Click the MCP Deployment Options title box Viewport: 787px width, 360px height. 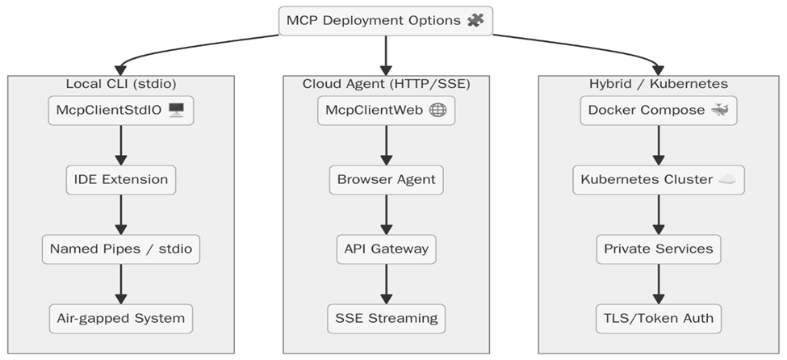tap(385, 20)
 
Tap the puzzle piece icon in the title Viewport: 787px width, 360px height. tap(475, 20)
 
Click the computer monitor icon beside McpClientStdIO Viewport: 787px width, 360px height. tap(177, 111)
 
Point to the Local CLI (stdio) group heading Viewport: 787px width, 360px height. tap(121, 84)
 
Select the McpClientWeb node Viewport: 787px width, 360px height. tap(385, 110)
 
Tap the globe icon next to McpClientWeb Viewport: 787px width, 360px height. tap(437, 111)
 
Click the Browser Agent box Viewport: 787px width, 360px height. tap(385, 179)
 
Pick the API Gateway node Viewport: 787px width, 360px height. tap(385, 249)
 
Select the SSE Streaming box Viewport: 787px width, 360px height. tap(385, 318)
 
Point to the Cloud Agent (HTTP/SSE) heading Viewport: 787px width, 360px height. tap(385, 84)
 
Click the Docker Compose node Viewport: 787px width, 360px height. tap(658, 110)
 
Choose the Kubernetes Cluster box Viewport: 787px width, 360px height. tap(658, 179)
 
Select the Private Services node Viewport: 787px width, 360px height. tap(658, 249)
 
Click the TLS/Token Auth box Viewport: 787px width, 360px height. tap(658, 318)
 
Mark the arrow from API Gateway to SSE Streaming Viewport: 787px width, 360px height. tap(385, 283)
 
